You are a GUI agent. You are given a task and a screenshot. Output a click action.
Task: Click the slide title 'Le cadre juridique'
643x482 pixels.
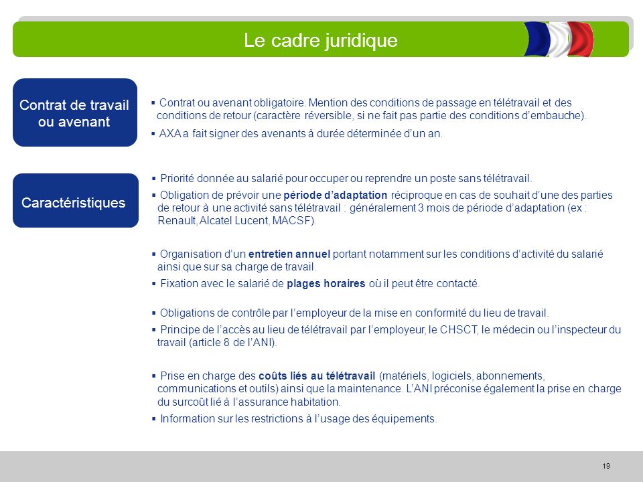point(320,41)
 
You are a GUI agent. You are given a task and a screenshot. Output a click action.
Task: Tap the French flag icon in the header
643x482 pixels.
point(558,39)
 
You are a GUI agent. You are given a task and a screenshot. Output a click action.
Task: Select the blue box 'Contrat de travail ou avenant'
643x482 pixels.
point(74,113)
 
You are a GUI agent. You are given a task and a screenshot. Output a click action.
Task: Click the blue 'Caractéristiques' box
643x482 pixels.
point(74,202)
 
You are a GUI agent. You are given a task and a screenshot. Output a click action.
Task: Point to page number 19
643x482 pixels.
point(606,466)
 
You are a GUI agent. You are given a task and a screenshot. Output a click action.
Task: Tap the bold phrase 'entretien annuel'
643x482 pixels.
point(289,254)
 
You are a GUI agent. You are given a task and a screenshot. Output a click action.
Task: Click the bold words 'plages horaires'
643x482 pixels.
point(326,283)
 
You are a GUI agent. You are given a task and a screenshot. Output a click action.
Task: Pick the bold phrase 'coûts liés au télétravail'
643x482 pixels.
point(317,375)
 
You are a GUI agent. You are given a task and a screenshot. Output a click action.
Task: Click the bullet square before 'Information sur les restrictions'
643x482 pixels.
point(154,419)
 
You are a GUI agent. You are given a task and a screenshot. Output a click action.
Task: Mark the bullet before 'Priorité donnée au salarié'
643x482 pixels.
point(154,178)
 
